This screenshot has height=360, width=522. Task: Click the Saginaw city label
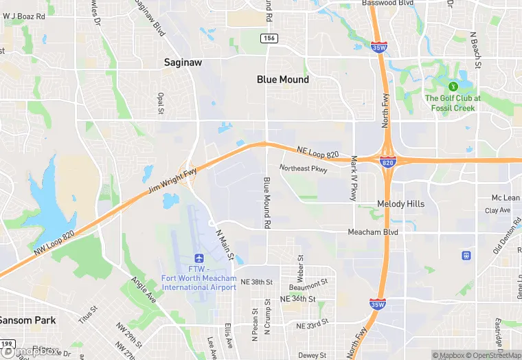[182, 62]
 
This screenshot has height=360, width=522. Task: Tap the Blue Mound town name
[283, 80]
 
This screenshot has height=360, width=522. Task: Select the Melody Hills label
[401, 204]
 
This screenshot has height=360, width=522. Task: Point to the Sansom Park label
[27, 320]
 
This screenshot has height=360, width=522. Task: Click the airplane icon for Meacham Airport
[199, 258]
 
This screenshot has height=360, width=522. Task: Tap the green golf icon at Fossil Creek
[453, 87]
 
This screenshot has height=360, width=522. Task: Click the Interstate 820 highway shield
[387, 161]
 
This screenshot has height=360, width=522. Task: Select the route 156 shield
[269, 38]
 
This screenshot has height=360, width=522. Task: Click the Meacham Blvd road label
[373, 232]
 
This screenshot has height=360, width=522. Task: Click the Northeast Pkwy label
[304, 168]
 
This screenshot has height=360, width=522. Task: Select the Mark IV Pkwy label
[354, 178]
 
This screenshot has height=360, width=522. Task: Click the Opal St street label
[161, 103]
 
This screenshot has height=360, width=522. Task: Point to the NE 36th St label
[297, 299]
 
